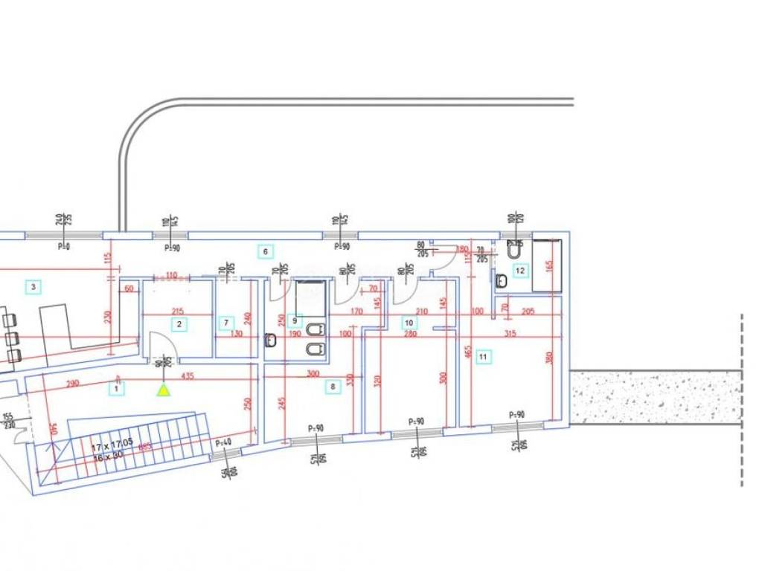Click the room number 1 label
[116, 387]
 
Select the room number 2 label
[179, 323]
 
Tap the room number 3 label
[32, 286]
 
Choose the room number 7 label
[227, 323]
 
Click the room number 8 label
[333, 386]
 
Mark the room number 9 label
[295, 321]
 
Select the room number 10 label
[409, 323]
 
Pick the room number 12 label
[520, 271]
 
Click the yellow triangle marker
[163, 390]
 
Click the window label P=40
[222, 444]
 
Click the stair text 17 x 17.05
[112, 448]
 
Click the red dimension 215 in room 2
[177, 311]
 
